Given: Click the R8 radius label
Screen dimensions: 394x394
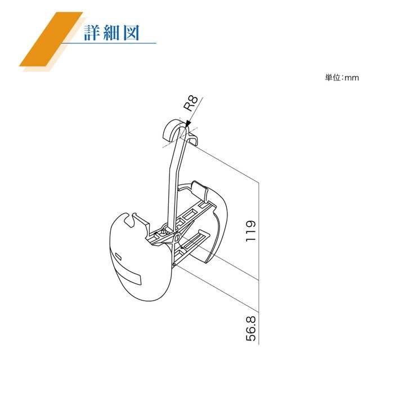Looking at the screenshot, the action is pos(191,103).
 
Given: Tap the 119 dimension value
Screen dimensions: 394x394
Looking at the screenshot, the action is pos(250,231).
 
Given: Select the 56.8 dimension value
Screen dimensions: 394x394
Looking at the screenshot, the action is pos(250,328).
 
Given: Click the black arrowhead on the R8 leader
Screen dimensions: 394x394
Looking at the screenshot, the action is pos(188,123).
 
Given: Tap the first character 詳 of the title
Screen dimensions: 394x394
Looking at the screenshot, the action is pos(92,33).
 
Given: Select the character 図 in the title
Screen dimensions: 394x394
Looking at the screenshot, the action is pos(131,33).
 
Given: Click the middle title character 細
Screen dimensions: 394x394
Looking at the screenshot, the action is pos(111,33).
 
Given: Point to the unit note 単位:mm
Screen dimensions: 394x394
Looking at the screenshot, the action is pos(342,78).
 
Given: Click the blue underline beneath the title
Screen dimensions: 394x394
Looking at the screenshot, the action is pos(109,43).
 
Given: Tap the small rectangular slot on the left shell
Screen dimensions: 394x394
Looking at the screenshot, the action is pos(118,257).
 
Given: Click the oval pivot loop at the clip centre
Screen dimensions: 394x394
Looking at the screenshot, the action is pos(177,238).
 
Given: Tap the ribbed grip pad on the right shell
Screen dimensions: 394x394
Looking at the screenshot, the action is pos(200,189).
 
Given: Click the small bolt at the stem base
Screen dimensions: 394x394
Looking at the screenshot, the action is pos(164,230).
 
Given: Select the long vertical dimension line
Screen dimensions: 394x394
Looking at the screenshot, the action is pos(258,263).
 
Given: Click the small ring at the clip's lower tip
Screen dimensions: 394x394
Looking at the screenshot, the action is pos(174,264).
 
